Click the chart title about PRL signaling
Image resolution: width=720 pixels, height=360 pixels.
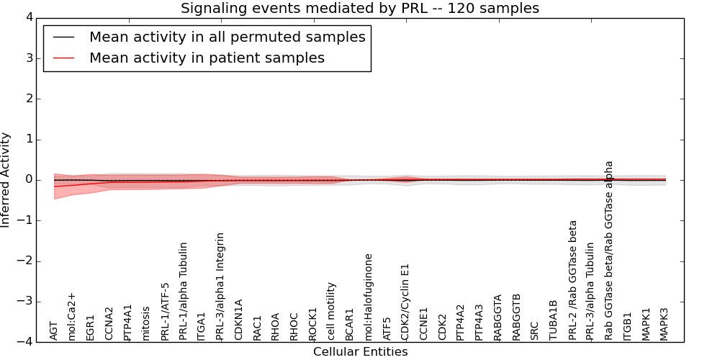click(x=359, y=9)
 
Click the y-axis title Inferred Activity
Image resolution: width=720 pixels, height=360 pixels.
click(x=6, y=180)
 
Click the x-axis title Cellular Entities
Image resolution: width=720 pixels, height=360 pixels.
click(x=360, y=352)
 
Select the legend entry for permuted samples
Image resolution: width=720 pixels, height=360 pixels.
click(x=227, y=37)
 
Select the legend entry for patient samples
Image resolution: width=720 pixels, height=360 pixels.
click(x=207, y=58)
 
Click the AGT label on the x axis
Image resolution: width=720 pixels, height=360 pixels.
click(x=54, y=330)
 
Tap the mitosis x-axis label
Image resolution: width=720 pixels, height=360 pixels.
click(x=146, y=323)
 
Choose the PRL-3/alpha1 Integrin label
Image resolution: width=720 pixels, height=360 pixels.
click(x=220, y=286)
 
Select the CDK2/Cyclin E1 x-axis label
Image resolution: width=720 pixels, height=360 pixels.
click(x=405, y=303)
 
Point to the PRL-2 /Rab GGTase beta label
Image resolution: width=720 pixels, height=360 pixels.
click(x=573, y=280)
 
